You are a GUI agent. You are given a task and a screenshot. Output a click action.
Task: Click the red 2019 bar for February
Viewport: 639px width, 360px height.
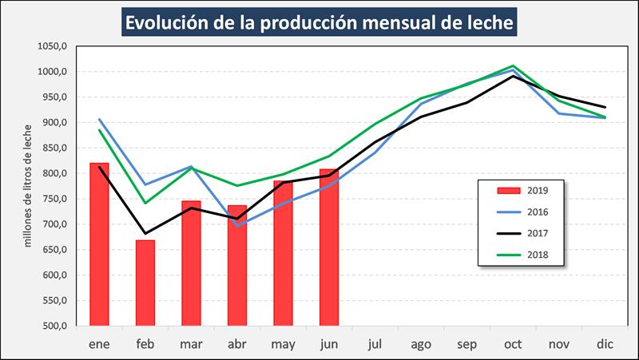tap(145, 283)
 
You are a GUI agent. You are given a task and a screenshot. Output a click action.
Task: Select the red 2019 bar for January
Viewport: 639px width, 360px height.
tap(99, 244)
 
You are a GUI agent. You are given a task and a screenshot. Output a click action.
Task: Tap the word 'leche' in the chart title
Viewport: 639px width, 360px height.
tap(482, 22)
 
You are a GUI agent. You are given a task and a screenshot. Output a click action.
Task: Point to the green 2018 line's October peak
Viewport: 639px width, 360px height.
tap(513, 65)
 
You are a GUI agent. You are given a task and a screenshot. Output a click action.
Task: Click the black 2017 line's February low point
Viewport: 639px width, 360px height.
tap(145, 234)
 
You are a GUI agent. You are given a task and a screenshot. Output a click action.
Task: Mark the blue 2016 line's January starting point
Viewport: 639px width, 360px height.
tap(99, 120)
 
